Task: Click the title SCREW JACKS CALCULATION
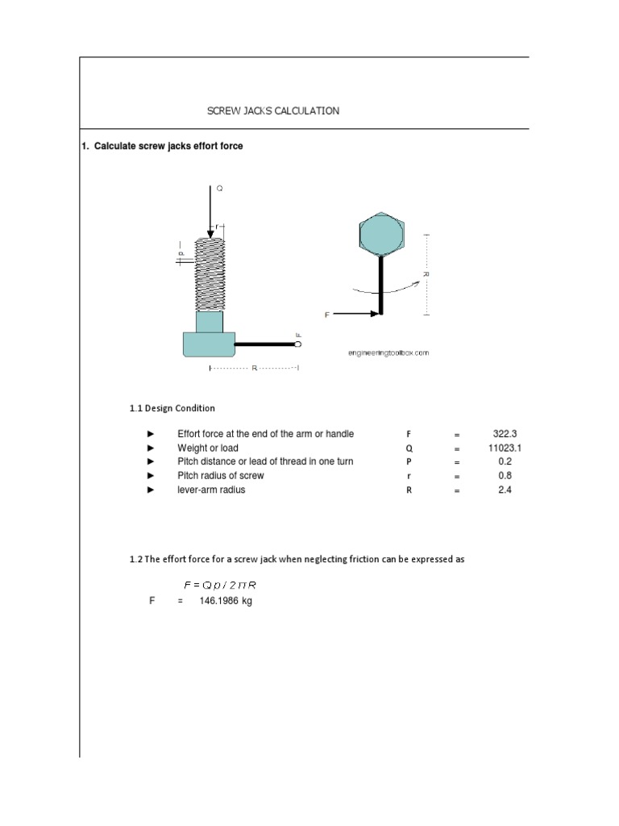273,111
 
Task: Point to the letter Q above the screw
219,188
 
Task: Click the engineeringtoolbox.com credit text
388,353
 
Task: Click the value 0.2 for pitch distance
505,461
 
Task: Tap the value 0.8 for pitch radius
505,476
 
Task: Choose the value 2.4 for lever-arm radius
505,490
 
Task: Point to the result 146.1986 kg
226,601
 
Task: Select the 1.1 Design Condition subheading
172,408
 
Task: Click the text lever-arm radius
211,490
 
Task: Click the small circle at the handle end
298,344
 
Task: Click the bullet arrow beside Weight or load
150,448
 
